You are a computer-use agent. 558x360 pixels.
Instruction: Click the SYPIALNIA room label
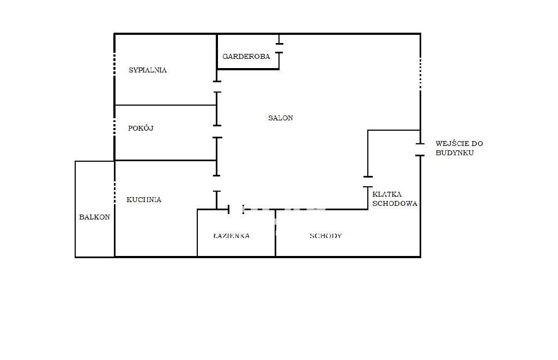[148, 70]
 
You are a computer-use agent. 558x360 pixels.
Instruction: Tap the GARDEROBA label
[246, 56]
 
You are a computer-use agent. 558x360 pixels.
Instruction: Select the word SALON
[281, 118]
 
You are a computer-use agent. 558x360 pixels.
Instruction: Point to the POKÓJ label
[141, 128]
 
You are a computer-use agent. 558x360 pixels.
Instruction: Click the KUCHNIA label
[144, 199]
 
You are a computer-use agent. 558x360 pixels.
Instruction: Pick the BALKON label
[94, 217]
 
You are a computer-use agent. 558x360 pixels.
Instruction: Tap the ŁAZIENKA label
[231, 236]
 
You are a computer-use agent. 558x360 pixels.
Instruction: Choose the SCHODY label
[326, 236]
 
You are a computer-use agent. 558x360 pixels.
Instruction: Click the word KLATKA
[387, 194]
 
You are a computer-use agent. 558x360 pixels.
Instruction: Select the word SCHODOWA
[395, 204]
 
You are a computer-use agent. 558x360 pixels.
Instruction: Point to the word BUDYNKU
[455, 152]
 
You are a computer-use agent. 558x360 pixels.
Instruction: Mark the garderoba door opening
[280, 48]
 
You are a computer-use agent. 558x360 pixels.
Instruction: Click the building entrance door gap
[420, 150]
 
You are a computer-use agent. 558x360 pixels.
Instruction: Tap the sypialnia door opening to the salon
[217, 87]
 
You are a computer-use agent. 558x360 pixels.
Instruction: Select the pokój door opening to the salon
[217, 132]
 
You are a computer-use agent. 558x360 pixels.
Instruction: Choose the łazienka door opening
[235, 209]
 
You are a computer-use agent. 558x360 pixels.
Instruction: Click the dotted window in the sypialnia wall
[114, 64]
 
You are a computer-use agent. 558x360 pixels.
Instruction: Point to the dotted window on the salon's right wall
[420, 74]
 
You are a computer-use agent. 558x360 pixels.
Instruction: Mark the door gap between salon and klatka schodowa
[368, 182]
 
